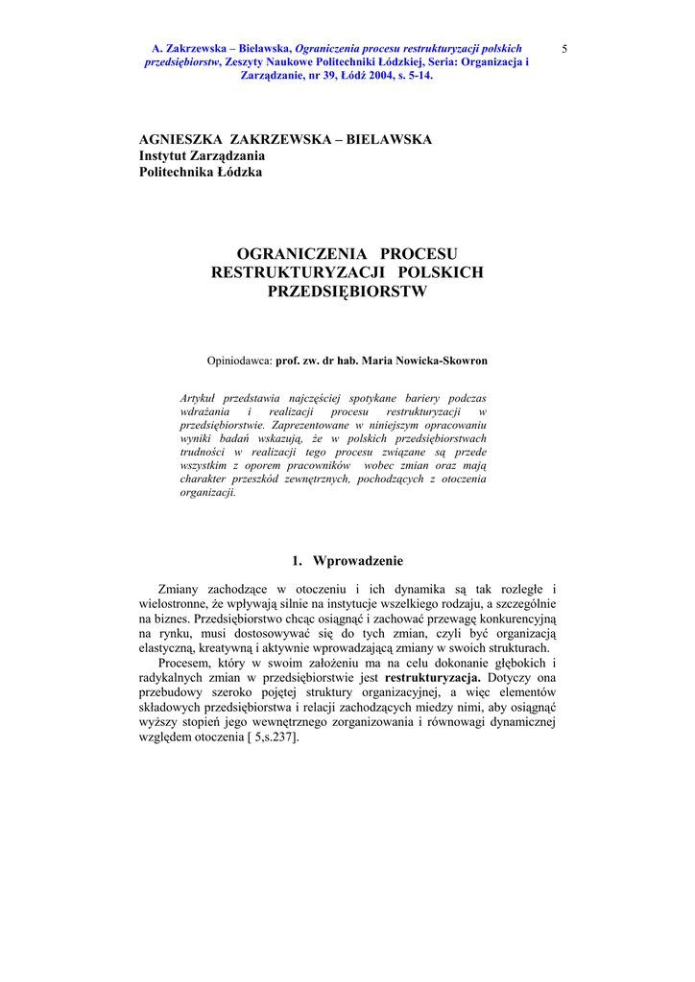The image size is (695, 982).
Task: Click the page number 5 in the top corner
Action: [x=564, y=48]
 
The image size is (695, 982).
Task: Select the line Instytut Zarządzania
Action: [x=203, y=155]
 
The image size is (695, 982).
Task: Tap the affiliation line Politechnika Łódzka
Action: [x=201, y=172]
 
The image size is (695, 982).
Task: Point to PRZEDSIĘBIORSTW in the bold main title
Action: [x=347, y=292]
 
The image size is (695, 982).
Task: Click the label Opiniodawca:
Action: [x=240, y=362]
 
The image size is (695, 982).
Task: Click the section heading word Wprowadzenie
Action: [x=358, y=561]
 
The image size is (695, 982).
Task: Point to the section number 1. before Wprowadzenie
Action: [x=297, y=561]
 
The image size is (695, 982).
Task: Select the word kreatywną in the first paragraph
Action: [x=224, y=648]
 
